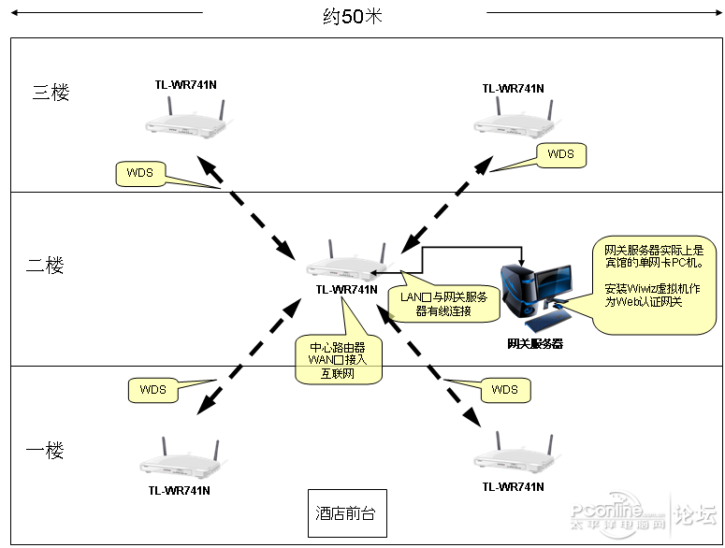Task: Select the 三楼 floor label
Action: click(x=51, y=93)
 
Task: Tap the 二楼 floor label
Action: click(x=45, y=266)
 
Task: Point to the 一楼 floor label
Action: click(x=45, y=452)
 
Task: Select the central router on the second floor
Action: click(x=346, y=261)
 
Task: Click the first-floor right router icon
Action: click(x=513, y=456)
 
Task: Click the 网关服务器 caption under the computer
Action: click(x=535, y=344)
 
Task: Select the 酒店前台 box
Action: click(x=347, y=513)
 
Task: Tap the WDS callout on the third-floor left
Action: click(x=140, y=173)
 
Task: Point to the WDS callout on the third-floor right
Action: click(x=560, y=154)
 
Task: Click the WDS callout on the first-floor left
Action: click(x=152, y=389)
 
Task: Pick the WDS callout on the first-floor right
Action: click(x=504, y=389)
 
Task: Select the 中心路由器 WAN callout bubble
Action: click(x=339, y=357)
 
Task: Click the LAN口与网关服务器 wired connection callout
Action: click(x=443, y=304)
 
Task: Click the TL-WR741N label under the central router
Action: click(x=346, y=290)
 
